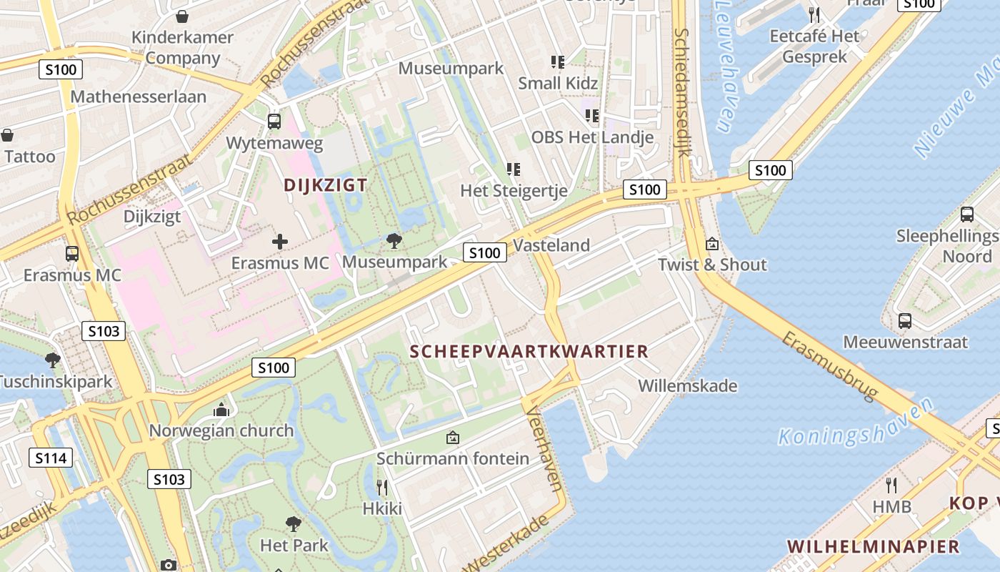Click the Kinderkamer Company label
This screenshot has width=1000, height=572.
pos(182,48)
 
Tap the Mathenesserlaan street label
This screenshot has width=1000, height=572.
pos(138,97)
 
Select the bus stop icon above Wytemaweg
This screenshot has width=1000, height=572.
pos(274,122)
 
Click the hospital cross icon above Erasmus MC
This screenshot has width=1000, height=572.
pos(280,242)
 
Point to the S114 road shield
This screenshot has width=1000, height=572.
pos(51,458)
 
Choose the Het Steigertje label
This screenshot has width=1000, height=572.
pos(514,191)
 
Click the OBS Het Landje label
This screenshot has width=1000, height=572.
pos(592,137)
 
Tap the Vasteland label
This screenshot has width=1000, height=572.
pos(551,245)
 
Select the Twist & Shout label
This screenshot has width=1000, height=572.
pos(712,265)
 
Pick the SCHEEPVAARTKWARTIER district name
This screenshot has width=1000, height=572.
pos(529,351)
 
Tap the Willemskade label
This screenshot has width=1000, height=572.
pos(687,386)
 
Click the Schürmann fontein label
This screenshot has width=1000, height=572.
pos(453,458)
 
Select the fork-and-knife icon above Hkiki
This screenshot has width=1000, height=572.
pos(382,488)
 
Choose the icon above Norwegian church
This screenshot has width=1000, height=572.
pos(221,410)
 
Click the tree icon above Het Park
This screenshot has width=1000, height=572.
pos(293,524)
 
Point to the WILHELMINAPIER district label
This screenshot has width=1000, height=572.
pos(873,547)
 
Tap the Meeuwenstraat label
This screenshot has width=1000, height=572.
pos(905,342)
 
